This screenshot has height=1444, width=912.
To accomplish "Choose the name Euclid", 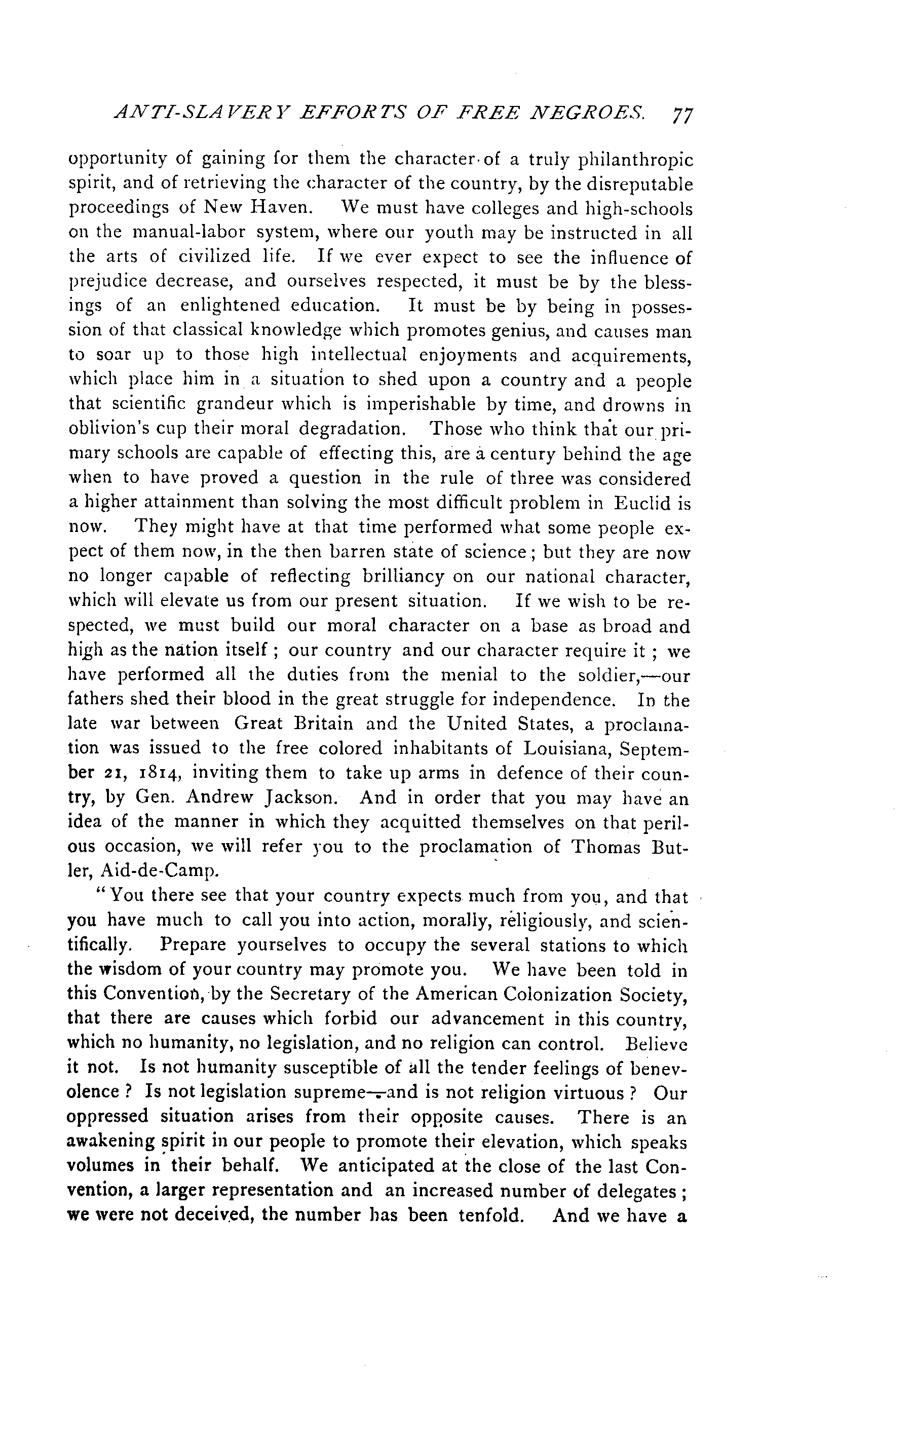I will (647, 503).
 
